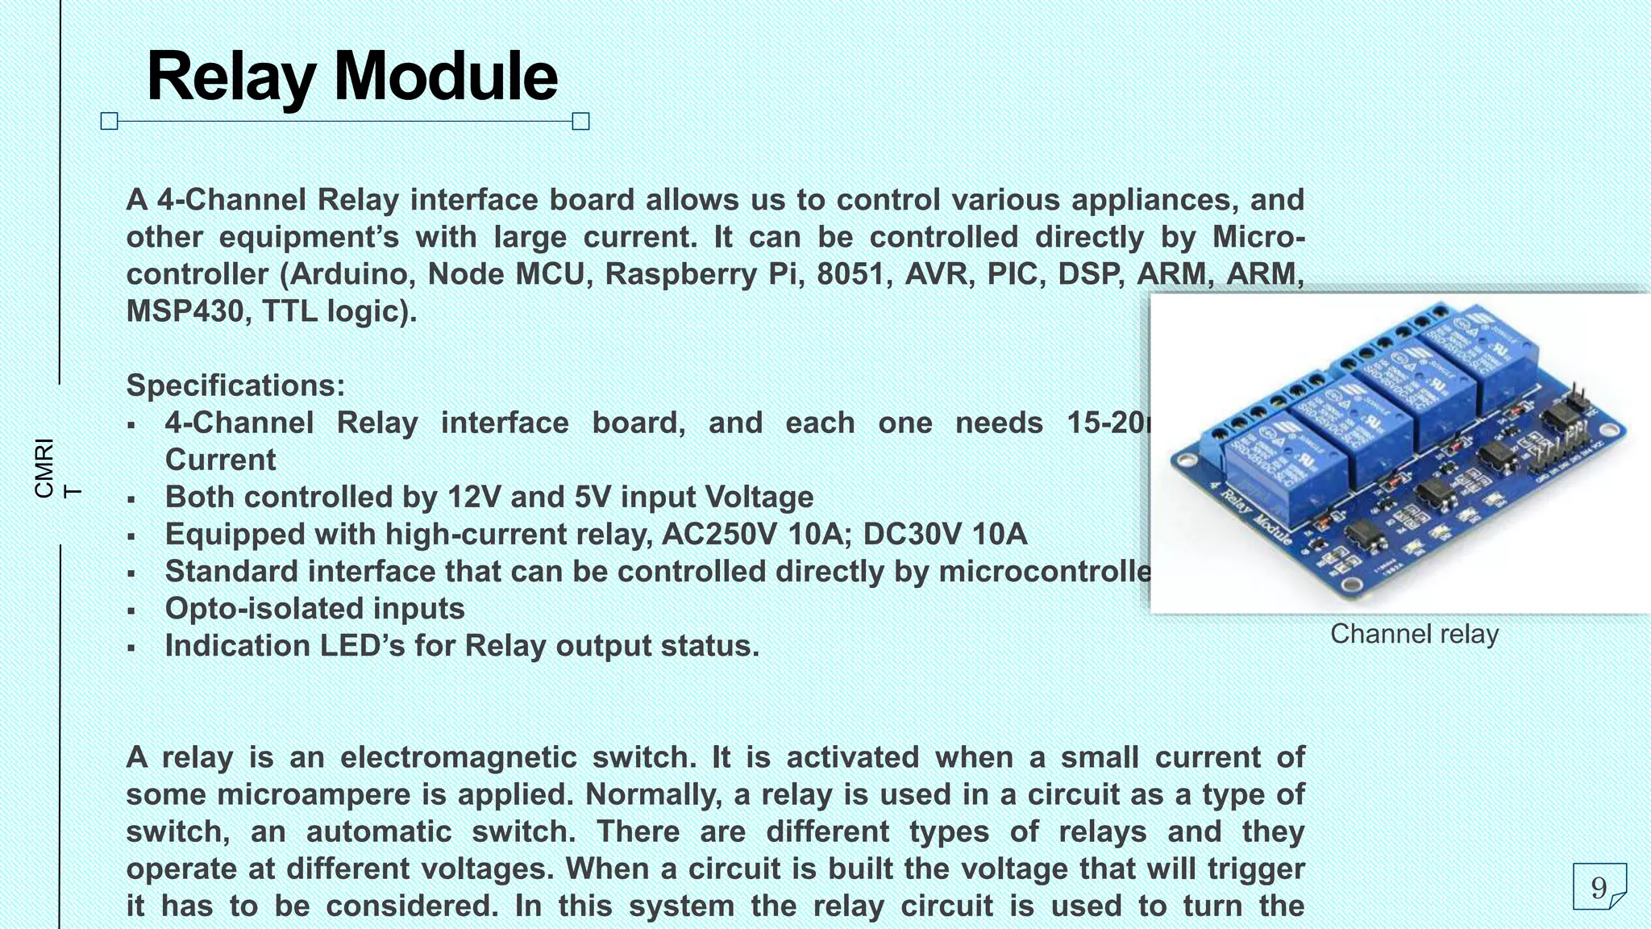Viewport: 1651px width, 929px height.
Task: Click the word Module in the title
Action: pos(445,77)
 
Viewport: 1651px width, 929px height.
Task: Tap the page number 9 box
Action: pos(1599,886)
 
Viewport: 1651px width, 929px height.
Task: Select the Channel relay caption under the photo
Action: pos(1414,634)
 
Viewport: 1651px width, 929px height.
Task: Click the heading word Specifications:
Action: pos(235,385)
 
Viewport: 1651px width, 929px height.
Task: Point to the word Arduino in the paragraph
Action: pos(353,274)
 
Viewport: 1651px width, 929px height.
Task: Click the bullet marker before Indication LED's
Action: pos(131,648)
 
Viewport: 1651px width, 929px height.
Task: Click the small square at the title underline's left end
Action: pos(110,122)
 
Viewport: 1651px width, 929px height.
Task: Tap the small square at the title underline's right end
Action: pos(580,122)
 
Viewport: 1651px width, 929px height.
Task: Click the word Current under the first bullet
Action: pos(220,460)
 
